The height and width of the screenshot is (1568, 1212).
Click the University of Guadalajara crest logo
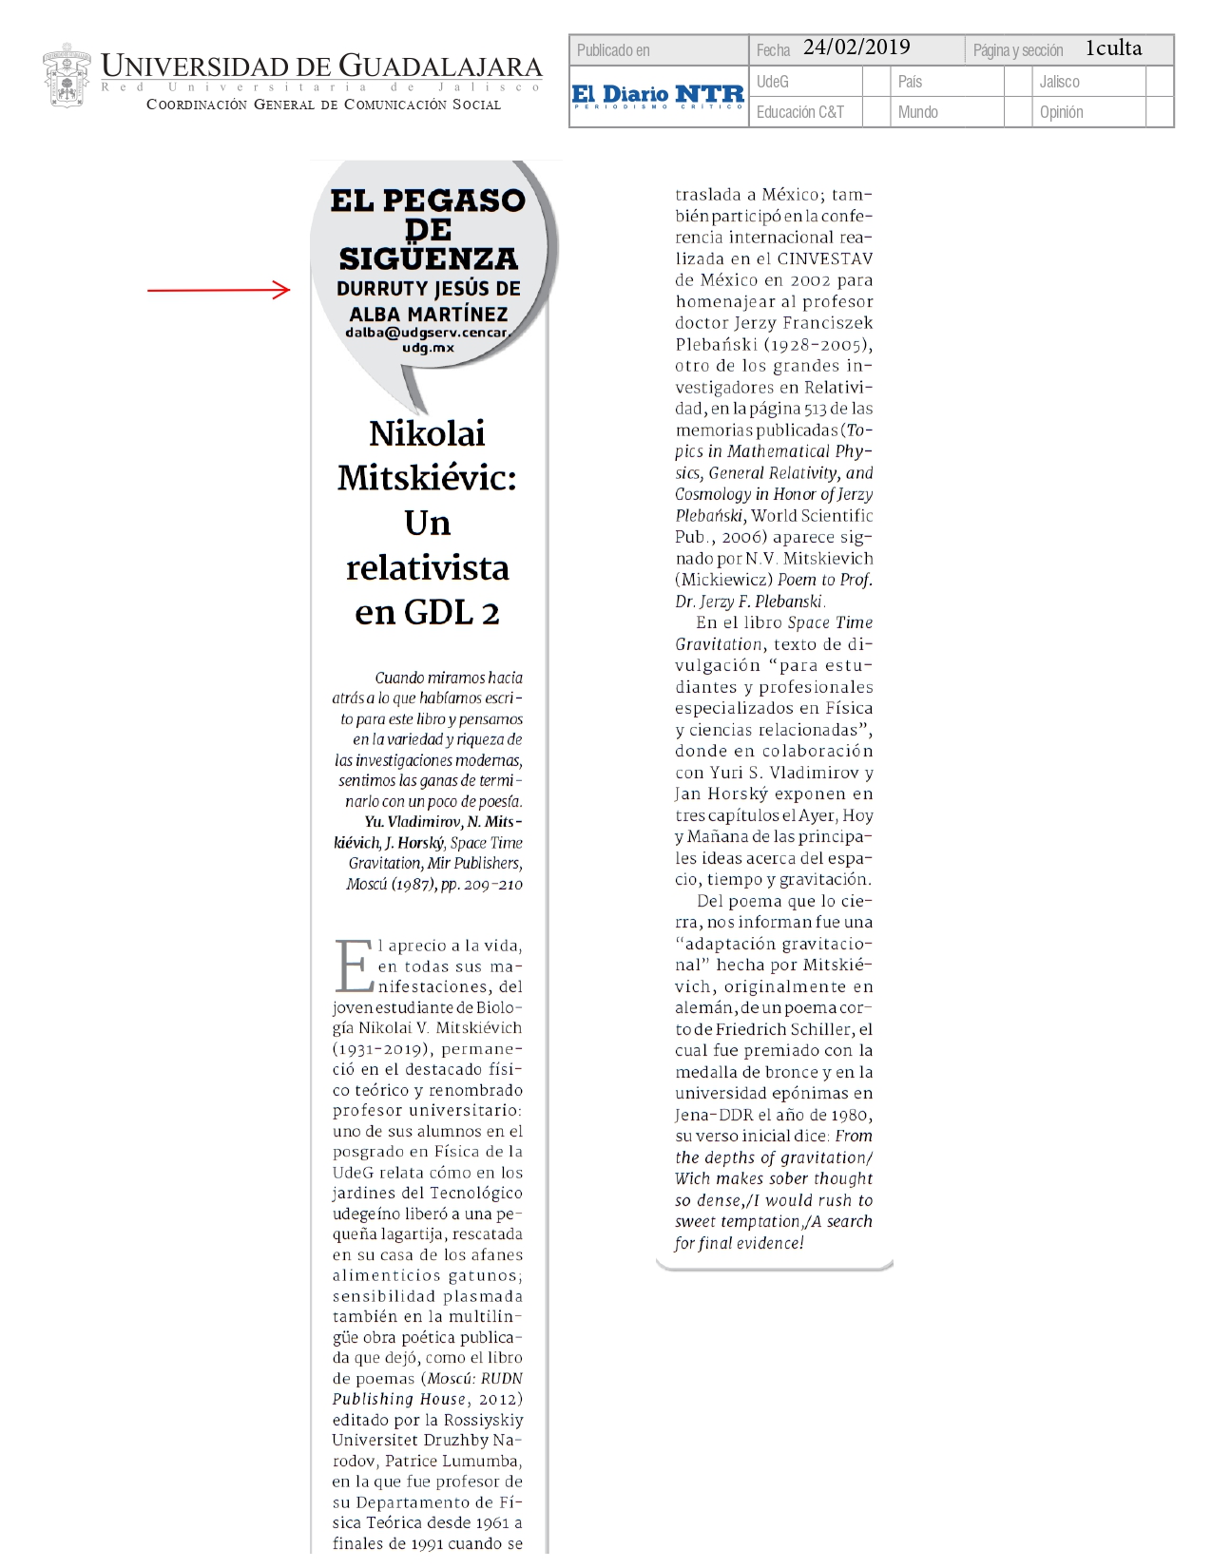click(67, 76)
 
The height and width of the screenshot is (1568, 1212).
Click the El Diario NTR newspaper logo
click(658, 96)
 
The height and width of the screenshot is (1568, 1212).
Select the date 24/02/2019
click(856, 48)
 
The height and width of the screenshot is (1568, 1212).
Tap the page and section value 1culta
click(1113, 48)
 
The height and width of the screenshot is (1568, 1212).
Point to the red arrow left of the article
click(219, 290)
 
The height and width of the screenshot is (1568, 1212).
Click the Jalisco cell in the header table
click(1059, 82)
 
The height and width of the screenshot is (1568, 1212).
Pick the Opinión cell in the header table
click(1061, 112)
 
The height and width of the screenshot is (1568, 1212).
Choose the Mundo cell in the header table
click(917, 112)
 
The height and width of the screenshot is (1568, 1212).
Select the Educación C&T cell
click(799, 112)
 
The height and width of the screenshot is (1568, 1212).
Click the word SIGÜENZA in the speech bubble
click(429, 258)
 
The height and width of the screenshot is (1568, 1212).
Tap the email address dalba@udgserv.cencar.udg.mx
click(428, 339)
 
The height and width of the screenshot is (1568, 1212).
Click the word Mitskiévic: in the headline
click(428, 477)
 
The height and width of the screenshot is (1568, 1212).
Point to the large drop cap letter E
click(354, 966)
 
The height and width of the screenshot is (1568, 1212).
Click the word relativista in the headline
click(428, 567)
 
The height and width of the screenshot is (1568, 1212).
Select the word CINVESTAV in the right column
click(824, 258)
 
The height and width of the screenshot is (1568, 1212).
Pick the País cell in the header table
click(910, 82)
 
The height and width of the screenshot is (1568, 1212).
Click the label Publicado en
click(613, 50)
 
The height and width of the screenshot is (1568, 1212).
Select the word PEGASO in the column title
click(467, 201)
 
